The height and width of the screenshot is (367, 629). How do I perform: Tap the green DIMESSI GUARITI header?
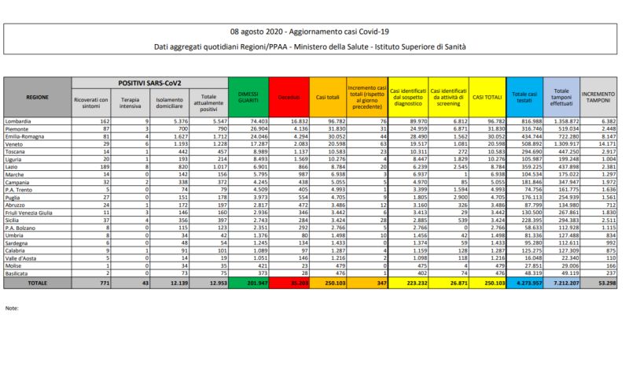coord(248,97)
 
